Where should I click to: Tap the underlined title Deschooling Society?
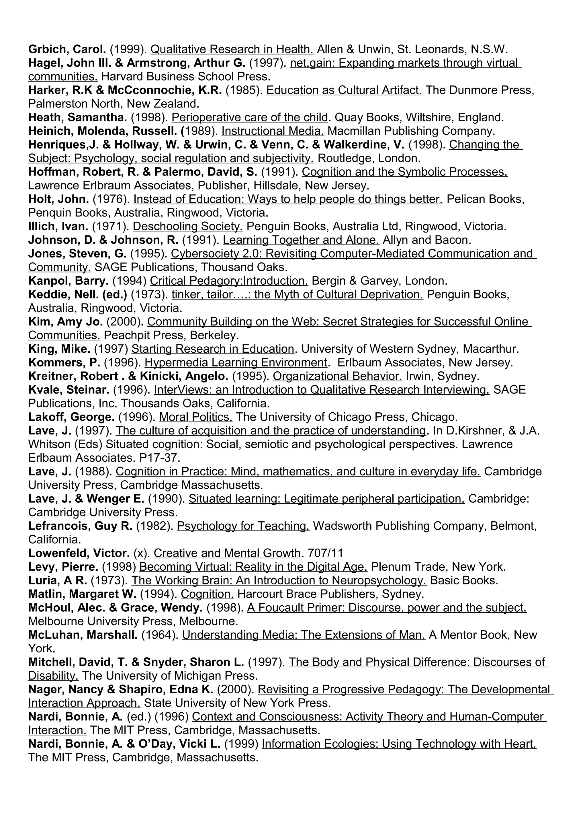(x=188, y=227)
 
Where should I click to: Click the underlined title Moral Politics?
(x=196, y=417)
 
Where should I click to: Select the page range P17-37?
(x=159, y=458)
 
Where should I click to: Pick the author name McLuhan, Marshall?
(x=83, y=635)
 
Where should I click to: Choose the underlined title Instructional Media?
(x=273, y=131)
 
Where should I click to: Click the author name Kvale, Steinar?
(x=69, y=390)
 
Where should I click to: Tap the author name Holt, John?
(x=58, y=199)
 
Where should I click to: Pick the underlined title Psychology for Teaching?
(x=243, y=526)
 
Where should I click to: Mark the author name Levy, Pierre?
(x=63, y=567)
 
